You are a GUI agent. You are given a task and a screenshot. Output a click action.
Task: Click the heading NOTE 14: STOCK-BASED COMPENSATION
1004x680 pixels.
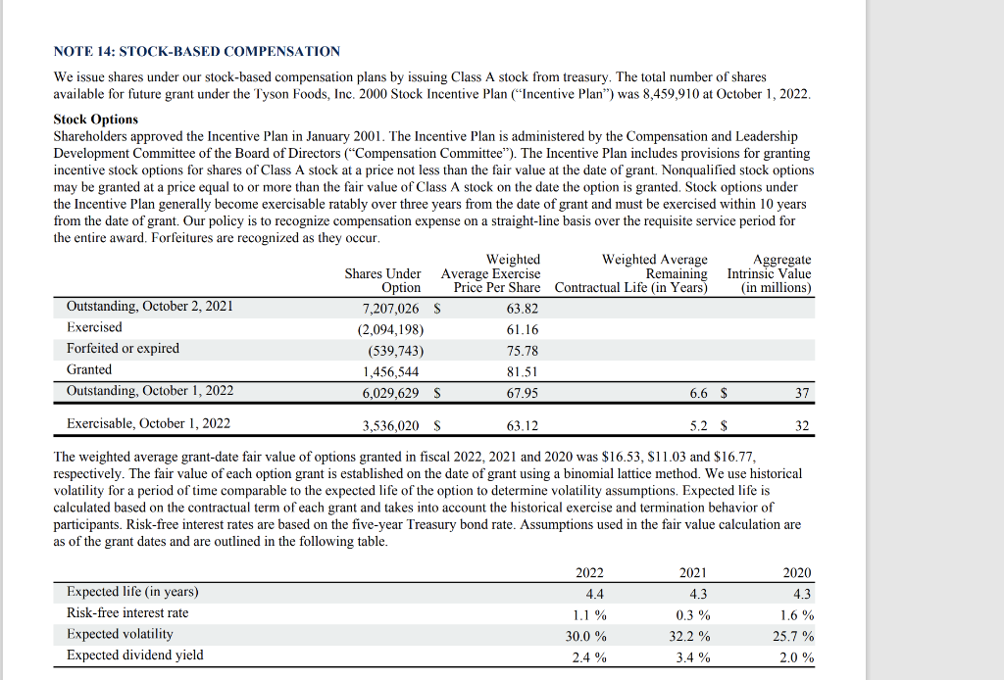pyautogui.click(x=197, y=51)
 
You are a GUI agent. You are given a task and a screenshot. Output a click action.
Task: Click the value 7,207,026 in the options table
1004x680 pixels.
pyautogui.click(x=391, y=308)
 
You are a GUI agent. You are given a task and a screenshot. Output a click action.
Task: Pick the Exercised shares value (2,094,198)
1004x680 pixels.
pyautogui.click(x=391, y=329)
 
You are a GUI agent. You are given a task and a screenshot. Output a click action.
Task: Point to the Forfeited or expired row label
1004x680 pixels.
pyautogui.click(x=123, y=349)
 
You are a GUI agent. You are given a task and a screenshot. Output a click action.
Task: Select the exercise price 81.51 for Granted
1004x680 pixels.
pyautogui.click(x=523, y=371)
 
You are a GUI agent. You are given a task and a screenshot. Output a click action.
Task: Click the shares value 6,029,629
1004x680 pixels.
pyautogui.click(x=391, y=393)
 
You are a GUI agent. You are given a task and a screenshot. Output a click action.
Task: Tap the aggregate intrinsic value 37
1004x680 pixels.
pyautogui.click(x=803, y=393)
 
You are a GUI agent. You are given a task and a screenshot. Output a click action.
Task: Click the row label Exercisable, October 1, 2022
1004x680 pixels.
pyautogui.click(x=148, y=424)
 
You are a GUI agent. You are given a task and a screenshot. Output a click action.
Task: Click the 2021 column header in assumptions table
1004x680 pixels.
pyautogui.click(x=692, y=573)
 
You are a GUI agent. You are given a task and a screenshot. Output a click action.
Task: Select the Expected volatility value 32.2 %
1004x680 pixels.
pyautogui.click(x=690, y=636)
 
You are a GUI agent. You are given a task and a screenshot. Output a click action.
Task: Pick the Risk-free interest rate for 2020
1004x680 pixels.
pyautogui.click(x=796, y=615)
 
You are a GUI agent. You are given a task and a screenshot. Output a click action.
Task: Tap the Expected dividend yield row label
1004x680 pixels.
pyautogui.click(x=135, y=655)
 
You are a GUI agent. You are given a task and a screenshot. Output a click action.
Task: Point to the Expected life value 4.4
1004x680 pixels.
pyautogui.click(x=594, y=594)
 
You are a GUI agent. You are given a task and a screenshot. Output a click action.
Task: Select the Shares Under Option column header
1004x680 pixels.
pyautogui.click(x=383, y=280)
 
